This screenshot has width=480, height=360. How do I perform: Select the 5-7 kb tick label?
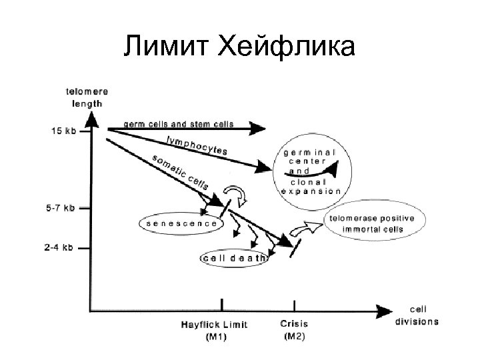61,207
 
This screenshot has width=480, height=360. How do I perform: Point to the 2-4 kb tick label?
61,249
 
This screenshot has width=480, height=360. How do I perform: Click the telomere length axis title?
88,97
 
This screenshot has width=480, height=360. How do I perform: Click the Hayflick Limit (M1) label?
214,330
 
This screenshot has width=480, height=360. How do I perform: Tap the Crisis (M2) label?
294,329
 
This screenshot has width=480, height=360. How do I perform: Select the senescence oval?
180,223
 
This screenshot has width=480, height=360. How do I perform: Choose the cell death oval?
233,257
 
